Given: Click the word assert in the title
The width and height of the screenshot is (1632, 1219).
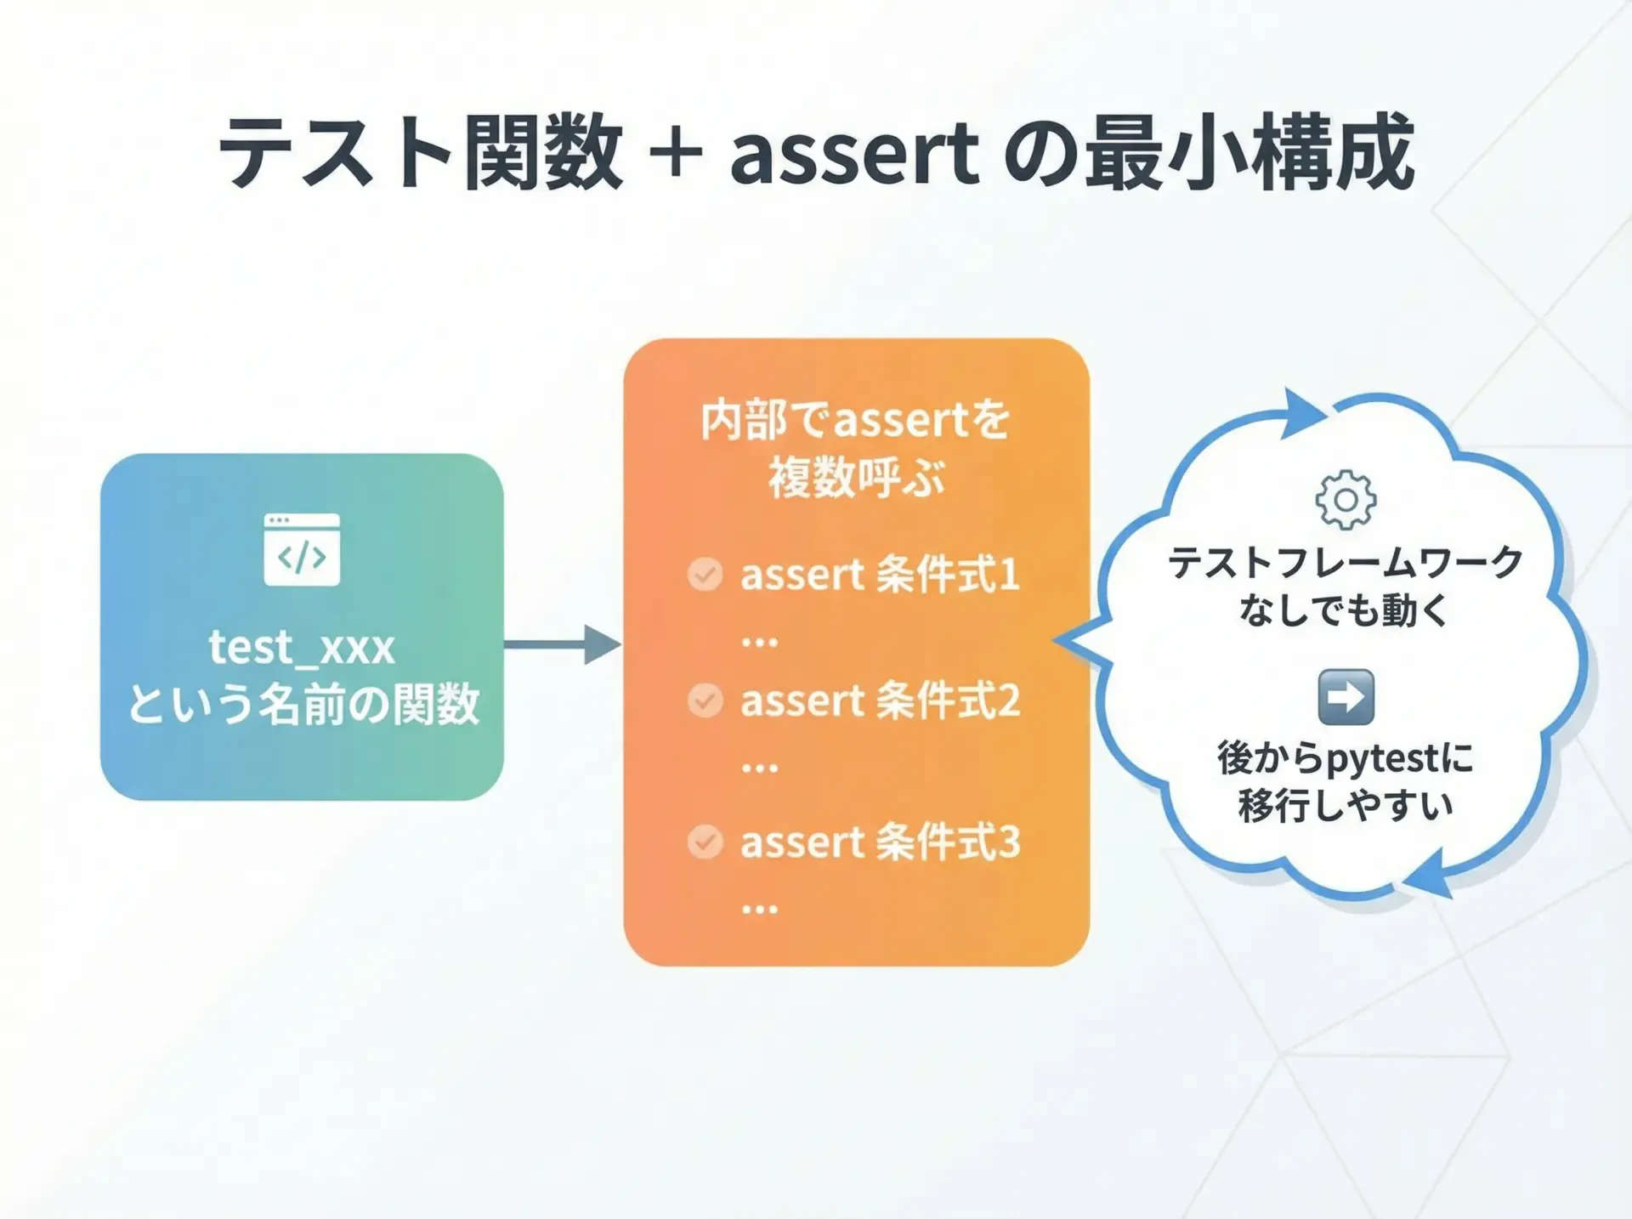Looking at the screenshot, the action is click(x=854, y=154).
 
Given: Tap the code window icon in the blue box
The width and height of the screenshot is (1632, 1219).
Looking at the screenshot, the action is click(x=302, y=549).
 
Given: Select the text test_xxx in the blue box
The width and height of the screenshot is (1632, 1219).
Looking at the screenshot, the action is click(x=302, y=648).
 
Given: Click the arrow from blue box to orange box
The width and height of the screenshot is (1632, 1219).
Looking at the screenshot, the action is click(x=563, y=644).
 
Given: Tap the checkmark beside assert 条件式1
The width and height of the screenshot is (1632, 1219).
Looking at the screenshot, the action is click(x=705, y=575).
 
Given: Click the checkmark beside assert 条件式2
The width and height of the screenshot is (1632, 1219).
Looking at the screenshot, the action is click(x=705, y=700).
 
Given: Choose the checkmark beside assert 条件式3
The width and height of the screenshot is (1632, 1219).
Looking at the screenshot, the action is click(x=705, y=842).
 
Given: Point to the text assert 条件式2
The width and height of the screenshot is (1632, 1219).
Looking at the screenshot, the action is click(x=880, y=700).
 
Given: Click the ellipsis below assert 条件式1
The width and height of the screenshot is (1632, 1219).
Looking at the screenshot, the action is click(x=759, y=643).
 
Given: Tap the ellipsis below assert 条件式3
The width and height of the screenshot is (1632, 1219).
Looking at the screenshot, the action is click(x=759, y=910).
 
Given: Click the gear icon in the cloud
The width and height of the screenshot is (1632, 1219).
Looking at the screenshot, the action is click(x=1346, y=500).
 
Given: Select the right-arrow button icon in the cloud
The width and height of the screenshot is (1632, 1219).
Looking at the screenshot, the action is click(x=1346, y=697).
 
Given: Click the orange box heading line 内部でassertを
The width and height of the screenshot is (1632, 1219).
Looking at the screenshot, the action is click(x=856, y=420).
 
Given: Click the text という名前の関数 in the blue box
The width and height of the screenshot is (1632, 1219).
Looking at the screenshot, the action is click(x=303, y=704).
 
